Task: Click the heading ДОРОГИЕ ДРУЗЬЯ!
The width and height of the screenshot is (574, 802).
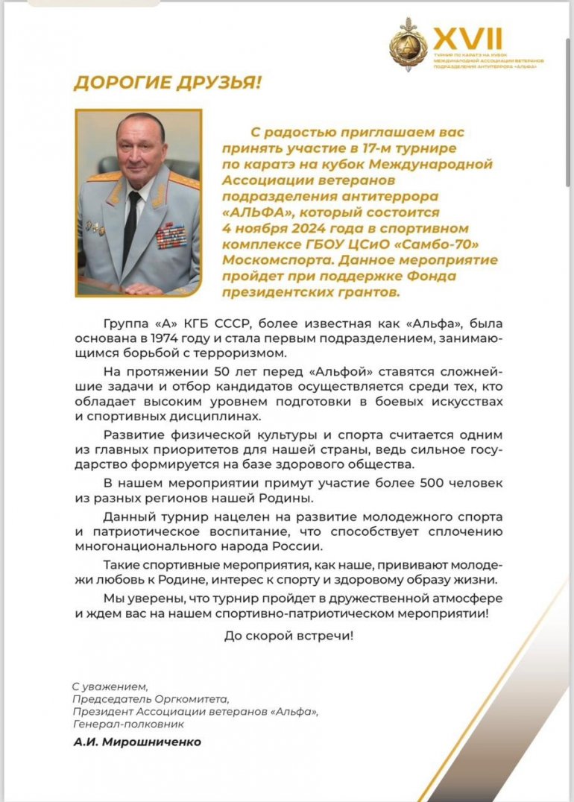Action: (x=168, y=82)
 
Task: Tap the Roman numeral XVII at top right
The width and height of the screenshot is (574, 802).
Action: (x=468, y=38)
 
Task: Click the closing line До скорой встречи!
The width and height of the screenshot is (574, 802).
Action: (x=288, y=636)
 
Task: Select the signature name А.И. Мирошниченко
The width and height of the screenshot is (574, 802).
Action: (x=137, y=742)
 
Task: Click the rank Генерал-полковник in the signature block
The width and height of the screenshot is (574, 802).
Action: (x=127, y=724)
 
